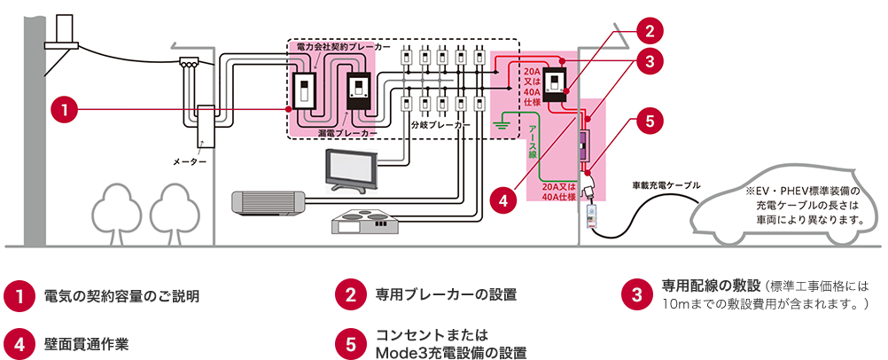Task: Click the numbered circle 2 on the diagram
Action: pos(650,29)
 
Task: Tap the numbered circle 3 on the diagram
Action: pos(650,61)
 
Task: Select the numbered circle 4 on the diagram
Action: pos(502,200)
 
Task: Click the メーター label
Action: pos(191,162)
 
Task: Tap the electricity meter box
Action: pos(206,128)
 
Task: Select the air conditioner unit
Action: pos(267,203)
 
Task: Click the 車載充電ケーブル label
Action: pos(666,185)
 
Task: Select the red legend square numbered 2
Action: pos(350,294)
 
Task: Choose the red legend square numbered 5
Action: pos(350,342)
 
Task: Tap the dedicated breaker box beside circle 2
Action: pos(556,85)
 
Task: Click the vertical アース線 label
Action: pos(533,141)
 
